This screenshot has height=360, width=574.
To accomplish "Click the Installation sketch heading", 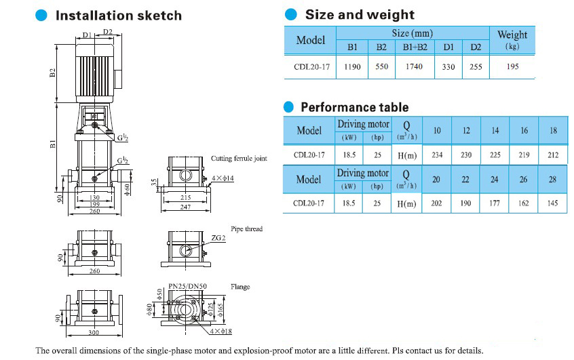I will tap(118, 16).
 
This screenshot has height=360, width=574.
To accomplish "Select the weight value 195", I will tap(512, 67).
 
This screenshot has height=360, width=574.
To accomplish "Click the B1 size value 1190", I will tap(352, 67).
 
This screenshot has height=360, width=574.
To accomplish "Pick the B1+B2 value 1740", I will tap(414, 67).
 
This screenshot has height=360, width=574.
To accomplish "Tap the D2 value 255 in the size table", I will tap(476, 67).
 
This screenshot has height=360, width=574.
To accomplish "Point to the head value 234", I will tap(437, 155).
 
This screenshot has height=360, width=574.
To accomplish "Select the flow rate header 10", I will tap(437, 130).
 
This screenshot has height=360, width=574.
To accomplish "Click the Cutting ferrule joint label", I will tap(239, 159).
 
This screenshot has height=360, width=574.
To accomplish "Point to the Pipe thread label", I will tap(246, 229).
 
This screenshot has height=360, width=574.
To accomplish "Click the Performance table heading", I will tap(354, 107).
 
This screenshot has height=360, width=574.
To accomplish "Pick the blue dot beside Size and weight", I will tap(291, 15).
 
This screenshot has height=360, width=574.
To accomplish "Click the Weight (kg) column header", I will tap(512, 39).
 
